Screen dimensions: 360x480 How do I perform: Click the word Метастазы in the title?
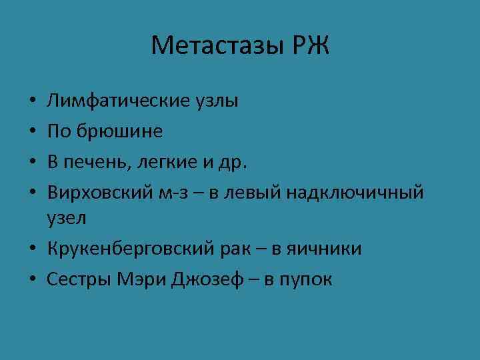217,47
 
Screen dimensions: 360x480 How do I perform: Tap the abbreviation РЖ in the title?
309,47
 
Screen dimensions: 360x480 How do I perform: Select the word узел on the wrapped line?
67,218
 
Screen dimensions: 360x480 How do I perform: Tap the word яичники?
323,249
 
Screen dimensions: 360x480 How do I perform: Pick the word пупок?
307,279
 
